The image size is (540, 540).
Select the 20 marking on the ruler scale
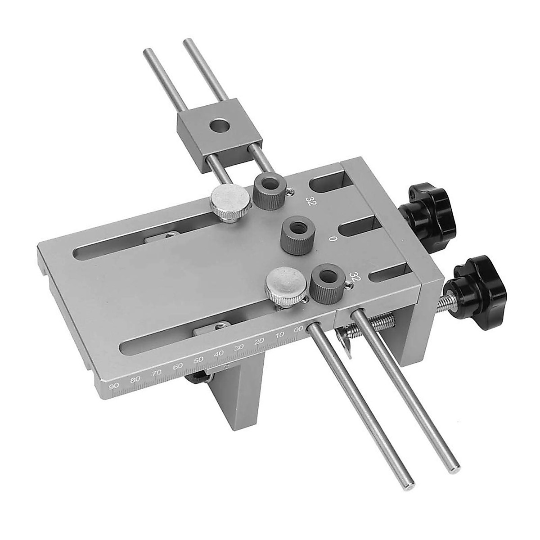[x=259, y=342]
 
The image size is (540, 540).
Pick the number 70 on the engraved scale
[x=157, y=373]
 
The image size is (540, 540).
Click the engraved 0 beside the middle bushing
[x=333, y=239]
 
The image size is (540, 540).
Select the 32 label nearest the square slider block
[x=309, y=200]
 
